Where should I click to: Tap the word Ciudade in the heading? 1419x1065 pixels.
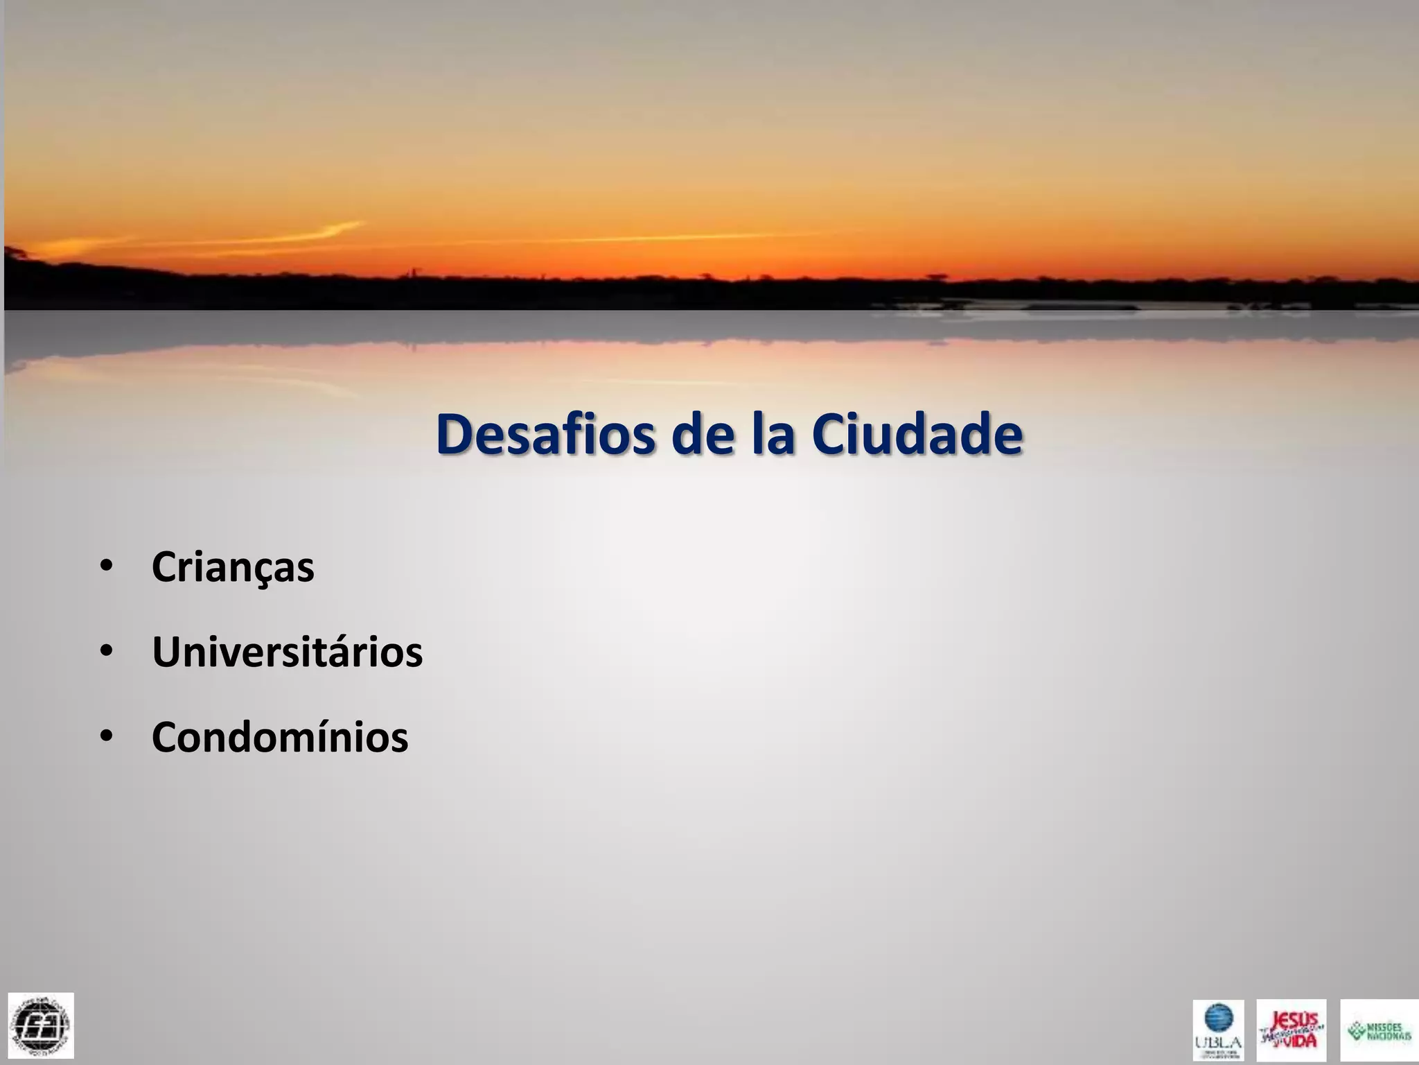click(x=917, y=434)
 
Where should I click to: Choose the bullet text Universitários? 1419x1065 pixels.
click(x=287, y=652)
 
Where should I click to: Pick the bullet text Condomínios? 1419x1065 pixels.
click(x=280, y=737)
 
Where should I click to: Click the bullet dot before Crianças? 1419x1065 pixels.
click(x=106, y=566)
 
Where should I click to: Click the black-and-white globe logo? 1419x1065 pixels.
click(x=41, y=1025)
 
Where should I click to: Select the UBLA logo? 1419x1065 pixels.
click(x=1218, y=1030)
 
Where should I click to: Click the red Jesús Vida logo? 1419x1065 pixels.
click(x=1292, y=1030)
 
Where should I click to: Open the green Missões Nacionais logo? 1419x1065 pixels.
click(x=1379, y=1030)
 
